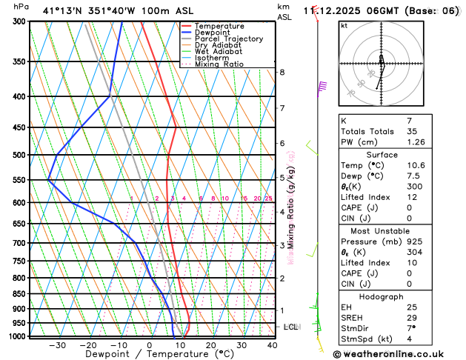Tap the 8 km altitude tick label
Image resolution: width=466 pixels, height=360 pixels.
coord(282,72)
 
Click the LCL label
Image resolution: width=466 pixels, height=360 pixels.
coord(291,327)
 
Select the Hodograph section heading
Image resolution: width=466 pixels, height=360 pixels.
coord(381,296)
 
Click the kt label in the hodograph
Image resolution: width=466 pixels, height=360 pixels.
coord(344,25)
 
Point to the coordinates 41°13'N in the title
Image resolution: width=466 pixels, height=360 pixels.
coord(61,10)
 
